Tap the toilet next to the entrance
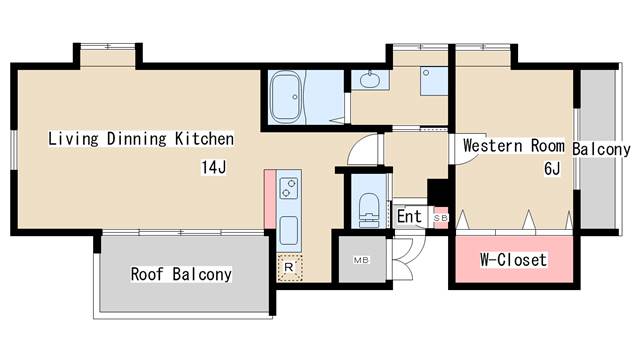click(369, 209)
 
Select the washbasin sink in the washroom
click(370, 79)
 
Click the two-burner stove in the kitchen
click(289, 188)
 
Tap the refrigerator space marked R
click(289, 267)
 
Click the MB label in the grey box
click(361, 260)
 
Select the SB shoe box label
click(441, 218)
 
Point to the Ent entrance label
click(409, 216)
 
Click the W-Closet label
click(513, 260)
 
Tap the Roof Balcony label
click(181, 274)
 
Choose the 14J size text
click(213, 167)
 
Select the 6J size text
click(552, 168)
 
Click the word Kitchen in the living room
click(204, 139)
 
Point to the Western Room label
click(514, 146)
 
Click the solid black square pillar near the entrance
click(438, 192)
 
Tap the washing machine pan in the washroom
click(434, 82)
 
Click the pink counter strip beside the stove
click(270, 199)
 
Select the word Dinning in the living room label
click(137, 139)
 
